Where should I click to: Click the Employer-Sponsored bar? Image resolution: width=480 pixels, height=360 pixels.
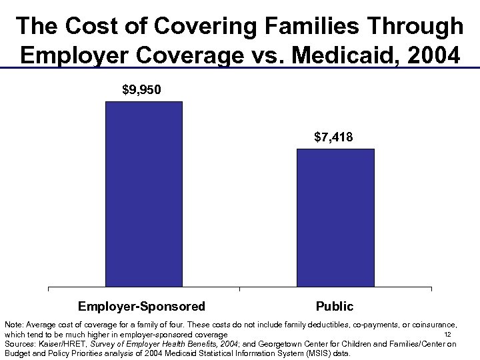pyautogui.click(x=144, y=194)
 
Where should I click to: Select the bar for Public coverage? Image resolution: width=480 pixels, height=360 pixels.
pyautogui.click(x=335, y=217)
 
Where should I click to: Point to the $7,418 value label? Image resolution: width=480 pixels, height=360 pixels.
pyautogui.click(x=333, y=137)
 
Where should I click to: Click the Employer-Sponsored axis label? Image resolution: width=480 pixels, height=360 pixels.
pyautogui.click(x=142, y=307)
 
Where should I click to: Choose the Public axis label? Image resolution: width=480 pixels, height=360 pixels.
pyautogui.click(x=335, y=307)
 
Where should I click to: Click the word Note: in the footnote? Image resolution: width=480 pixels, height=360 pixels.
pyautogui.click(x=13, y=324)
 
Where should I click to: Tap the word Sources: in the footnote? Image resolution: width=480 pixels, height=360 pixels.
pyautogui.click(x=19, y=344)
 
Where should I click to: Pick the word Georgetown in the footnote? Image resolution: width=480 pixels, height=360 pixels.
pyautogui.click(x=267, y=344)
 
